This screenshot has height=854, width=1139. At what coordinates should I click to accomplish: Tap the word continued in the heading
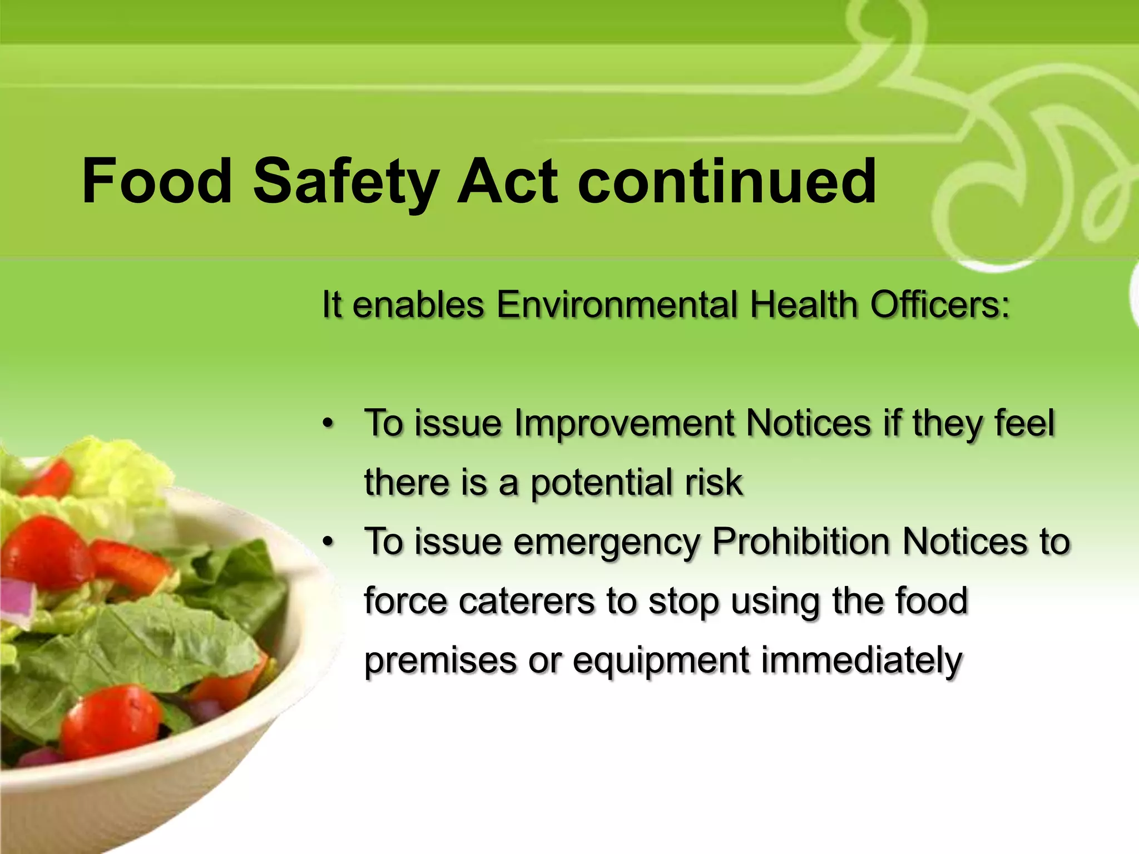[x=726, y=181]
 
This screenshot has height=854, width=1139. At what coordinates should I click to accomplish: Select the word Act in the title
[x=507, y=181]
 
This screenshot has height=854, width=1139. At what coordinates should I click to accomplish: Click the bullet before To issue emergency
[x=329, y=542]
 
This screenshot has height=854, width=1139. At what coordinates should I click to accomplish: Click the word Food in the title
[x=157, y=181]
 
